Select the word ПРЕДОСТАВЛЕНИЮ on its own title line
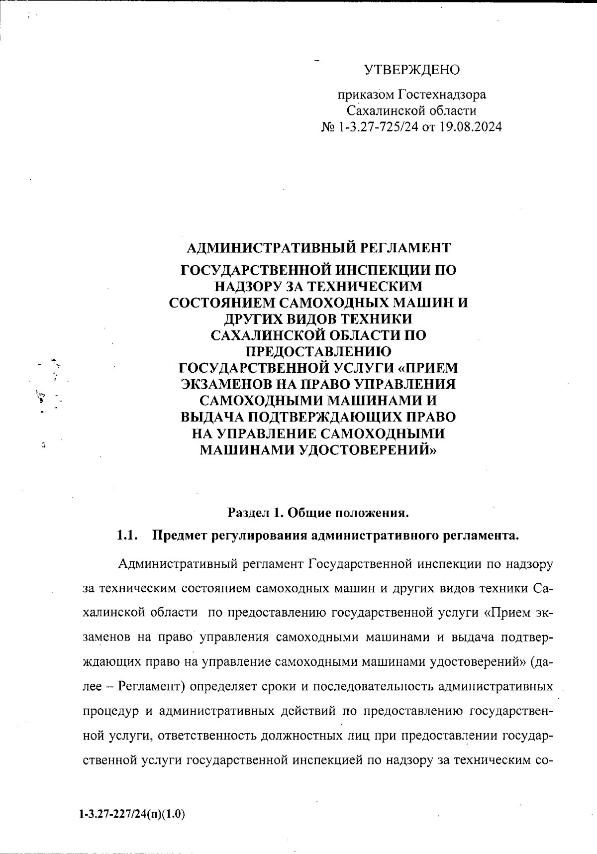click(318, 351)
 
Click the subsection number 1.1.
click(126, 535)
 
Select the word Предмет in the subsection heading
click(180, 535)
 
